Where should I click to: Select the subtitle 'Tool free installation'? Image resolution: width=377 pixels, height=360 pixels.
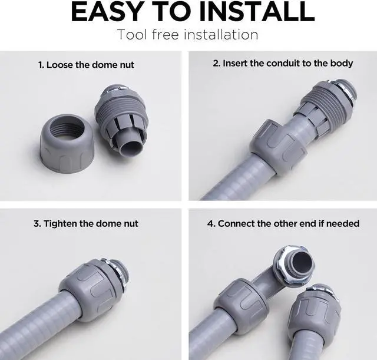pyautogui.click(x=188, y=34)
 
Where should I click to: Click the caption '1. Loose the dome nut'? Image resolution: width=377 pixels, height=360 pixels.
pyautogui.click(x=87, y=65)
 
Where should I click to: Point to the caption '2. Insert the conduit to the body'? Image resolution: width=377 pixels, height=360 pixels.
pyautogui.click(x=283, y=63)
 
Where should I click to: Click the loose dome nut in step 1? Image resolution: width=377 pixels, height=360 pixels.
pyautogui.click(x=67, y=142)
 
